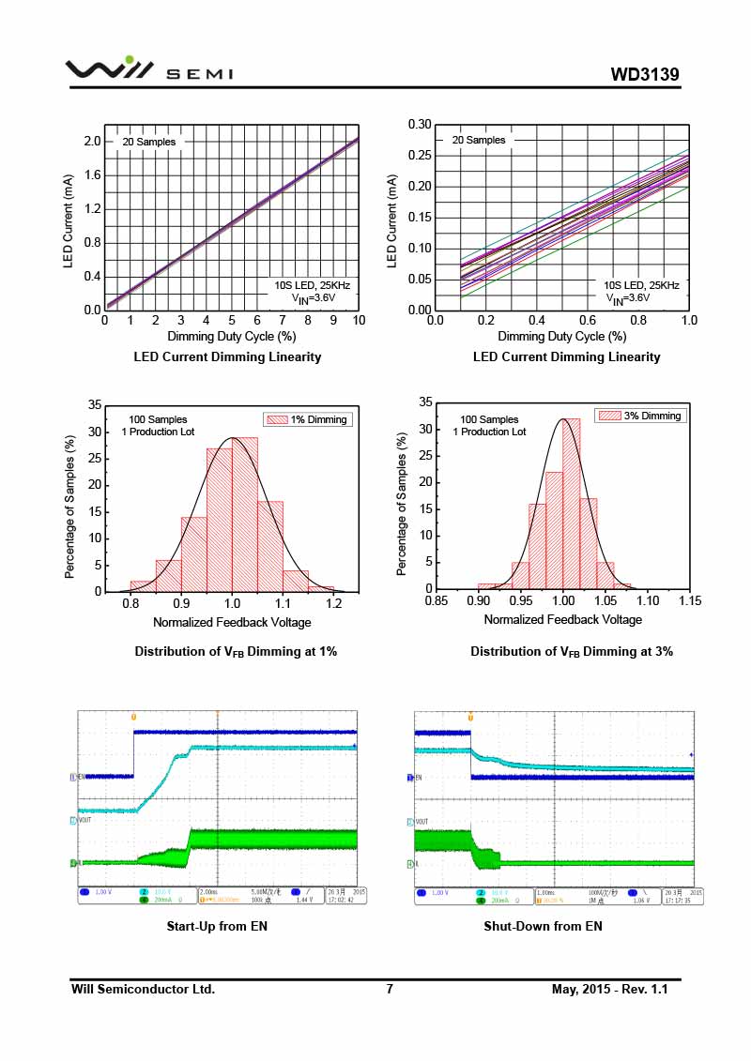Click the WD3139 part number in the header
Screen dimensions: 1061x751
[x=644, y=74]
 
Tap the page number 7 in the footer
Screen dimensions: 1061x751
[x=390, y=989]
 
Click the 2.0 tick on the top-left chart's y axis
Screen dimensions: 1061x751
[x=92, y=141]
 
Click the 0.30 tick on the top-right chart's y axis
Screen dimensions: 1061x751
[x=419, y=124]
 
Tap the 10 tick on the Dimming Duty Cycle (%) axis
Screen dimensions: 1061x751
[x=359, y=321]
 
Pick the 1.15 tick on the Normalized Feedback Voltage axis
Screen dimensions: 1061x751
[x=689, y=601]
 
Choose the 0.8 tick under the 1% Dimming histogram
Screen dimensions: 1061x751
[x=130, y=604]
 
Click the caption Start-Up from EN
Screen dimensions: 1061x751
[x=217, y=926]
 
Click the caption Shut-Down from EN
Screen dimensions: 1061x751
[x=543, y=926]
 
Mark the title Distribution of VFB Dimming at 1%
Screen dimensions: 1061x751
[x=236, y=651]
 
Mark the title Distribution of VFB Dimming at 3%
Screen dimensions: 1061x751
[x=572, y=651]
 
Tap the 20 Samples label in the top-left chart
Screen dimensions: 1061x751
[x=148, y=142]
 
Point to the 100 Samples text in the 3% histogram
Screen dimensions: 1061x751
[x=488, y=419]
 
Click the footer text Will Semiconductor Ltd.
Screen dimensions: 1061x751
[x=144, y=989]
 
